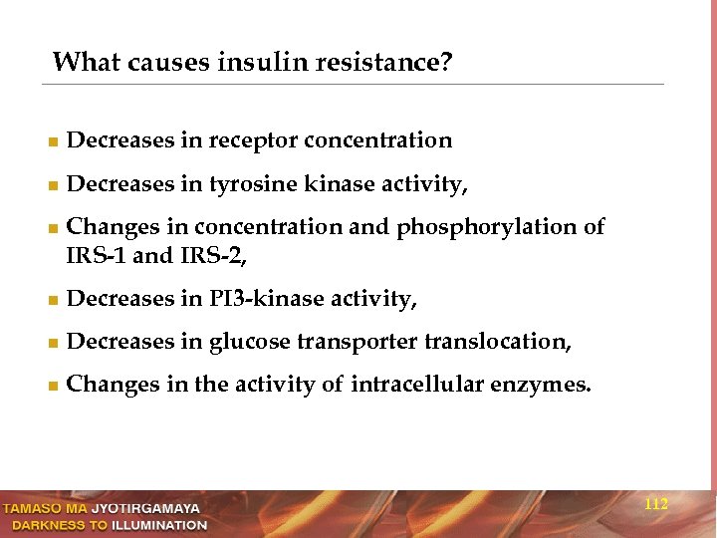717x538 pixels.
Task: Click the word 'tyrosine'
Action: point(254,185)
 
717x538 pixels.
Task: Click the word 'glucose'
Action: point(249,342)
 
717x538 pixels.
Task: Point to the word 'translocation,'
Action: point(498,342)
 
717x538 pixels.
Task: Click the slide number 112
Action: point(656,505)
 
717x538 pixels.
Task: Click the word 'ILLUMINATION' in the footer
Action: point(159,525)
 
